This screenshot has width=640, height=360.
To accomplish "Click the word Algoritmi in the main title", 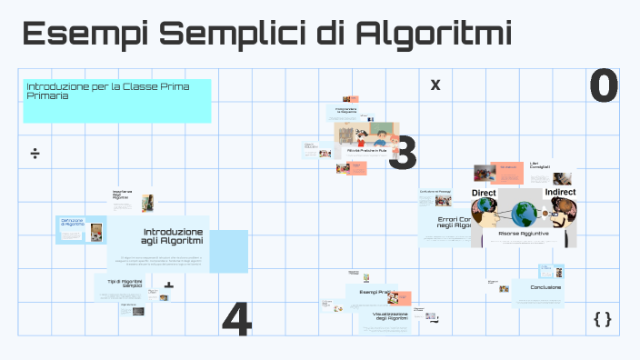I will pyautogui.click(x=434, y=35).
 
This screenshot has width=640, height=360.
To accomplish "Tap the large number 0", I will pyautogui.click(x=604, y=85).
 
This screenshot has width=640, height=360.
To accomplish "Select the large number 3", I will pyautogui.click(x=402, y=153).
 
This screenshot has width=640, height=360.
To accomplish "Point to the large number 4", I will pyautogui.click(x=236, y=319).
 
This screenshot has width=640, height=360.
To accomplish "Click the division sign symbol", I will pyautogui.click(x=35, y=152).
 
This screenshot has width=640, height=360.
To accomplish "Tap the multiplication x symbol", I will pyautogui.click(x=435, y=85).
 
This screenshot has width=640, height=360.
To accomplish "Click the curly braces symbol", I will pyautogui.click(x=602, y=318).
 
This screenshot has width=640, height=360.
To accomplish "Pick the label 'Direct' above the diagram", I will pyautogui.click(x=484, y=193).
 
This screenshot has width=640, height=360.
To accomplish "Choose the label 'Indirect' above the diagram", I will pyautogui.click(x=560, y=193).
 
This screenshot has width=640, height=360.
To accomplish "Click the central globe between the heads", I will pyautogui.click(x=523, y=215).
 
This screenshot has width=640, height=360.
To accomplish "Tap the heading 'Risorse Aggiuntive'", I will pyautogui.click(x=522, y=234).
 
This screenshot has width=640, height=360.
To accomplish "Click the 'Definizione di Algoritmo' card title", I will pyautogui.click(x=72, y=223).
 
